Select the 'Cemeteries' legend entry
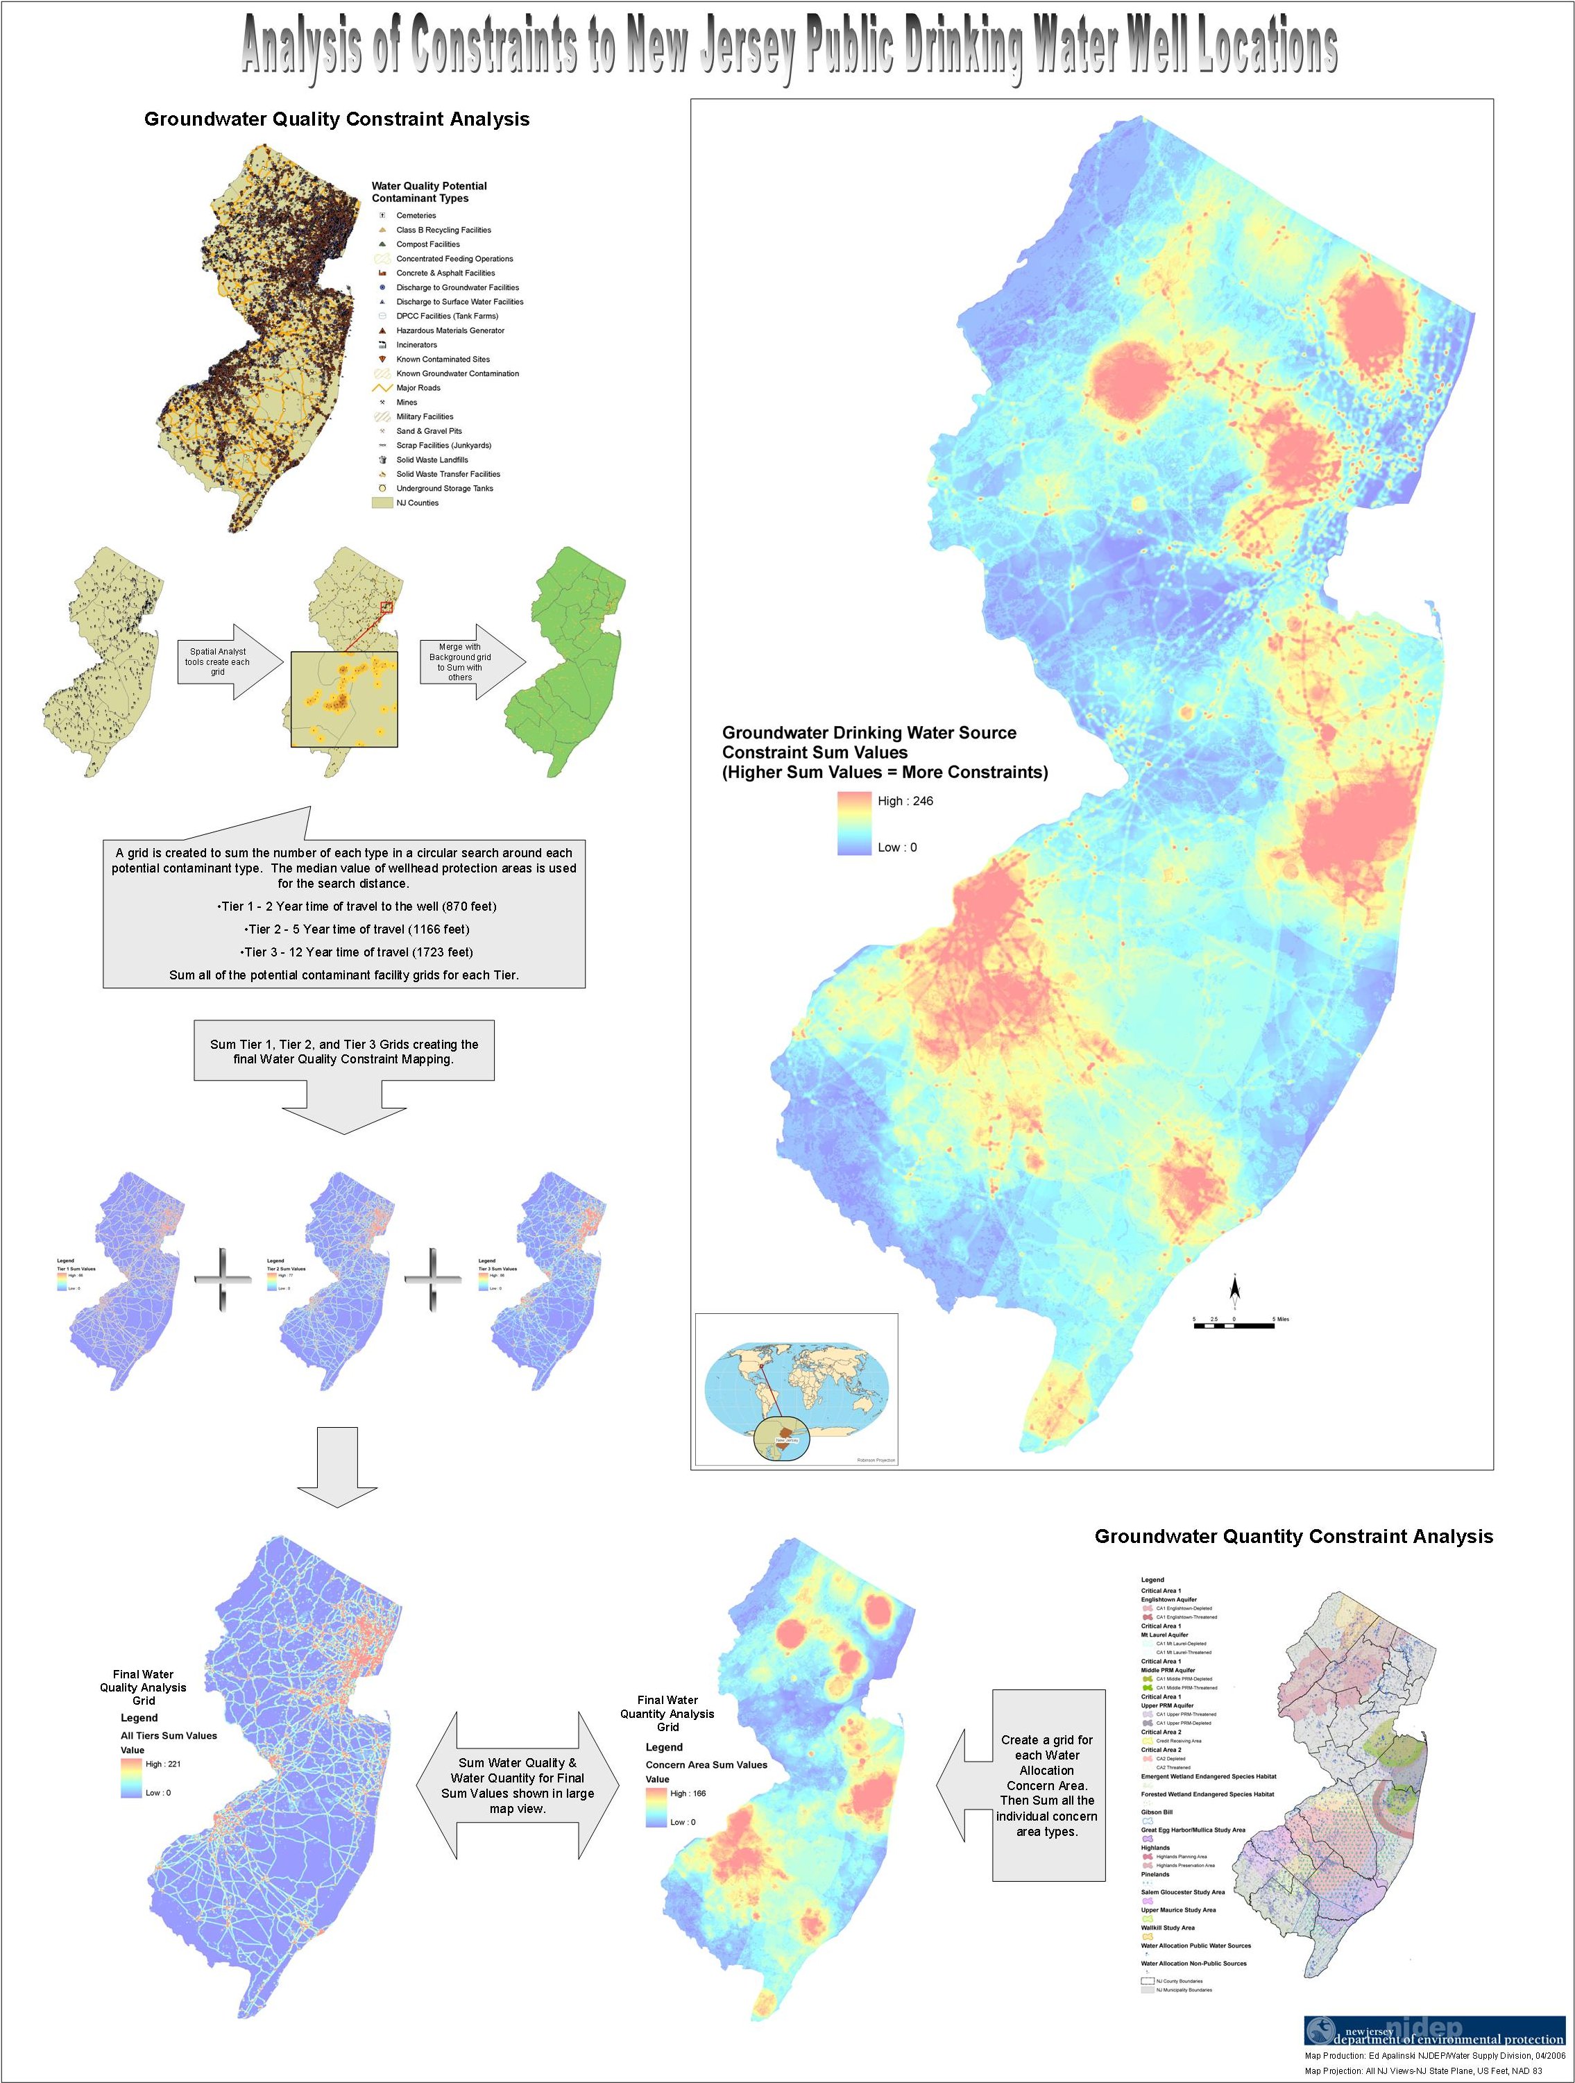tap(415, 216)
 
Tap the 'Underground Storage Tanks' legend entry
tap(443, 489)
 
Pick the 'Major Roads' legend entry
tap(417, 388)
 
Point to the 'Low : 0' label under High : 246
tap(896, 847)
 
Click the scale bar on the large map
tap(1233, 1325)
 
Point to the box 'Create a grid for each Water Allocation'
tap(1047, 1785)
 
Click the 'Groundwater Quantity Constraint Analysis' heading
tap(1293, 1536)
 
